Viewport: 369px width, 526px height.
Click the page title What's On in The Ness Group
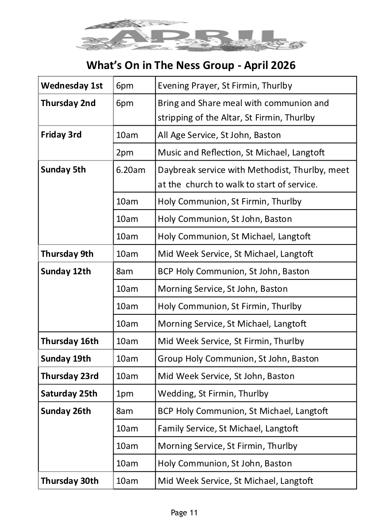[x=191, y=66]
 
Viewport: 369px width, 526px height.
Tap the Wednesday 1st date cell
[x=72, y=86]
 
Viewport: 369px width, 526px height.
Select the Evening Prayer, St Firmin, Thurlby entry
[x=225, y=86]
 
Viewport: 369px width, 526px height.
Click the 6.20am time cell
[x=131, y=170]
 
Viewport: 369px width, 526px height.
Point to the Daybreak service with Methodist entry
[x=253, y=177]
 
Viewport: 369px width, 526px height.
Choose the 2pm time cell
[x=125, y=152]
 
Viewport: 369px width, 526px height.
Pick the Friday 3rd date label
[x=61, y=135]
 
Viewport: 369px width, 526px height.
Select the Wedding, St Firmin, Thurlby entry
[x=213, y=394]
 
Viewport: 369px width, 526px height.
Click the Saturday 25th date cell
[x=69, y=394]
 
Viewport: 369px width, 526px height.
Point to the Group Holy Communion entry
[x=238, y=359]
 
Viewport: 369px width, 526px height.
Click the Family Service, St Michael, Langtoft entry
[x=228, y=428]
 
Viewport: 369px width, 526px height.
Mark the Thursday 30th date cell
[x=69, y=481]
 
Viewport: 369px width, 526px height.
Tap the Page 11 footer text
[x=184, y=513]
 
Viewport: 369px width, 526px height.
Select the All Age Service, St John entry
[x=219, y=135]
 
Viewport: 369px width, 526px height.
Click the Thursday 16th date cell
[x=69, y=341]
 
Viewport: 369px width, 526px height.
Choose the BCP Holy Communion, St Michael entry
[x=243, y=411]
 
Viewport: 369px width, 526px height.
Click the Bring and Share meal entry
[x=243, y=110]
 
